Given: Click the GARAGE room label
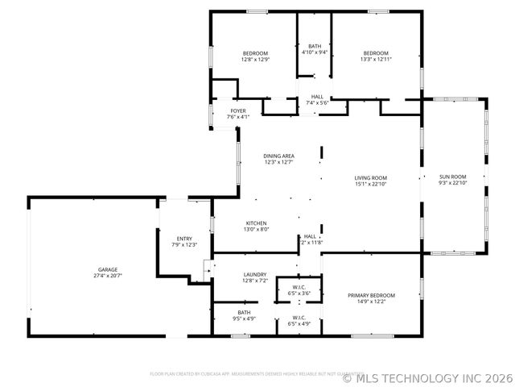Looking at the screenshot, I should click(x=108, y=269).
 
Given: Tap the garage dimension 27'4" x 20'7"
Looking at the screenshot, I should click(x=108, y=276).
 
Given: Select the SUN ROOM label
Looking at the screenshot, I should click(x=452, y=177).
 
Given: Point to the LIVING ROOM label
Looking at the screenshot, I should click(x=371, y=177).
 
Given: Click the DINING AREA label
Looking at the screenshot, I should click(x=279, y=156).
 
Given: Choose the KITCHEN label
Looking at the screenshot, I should click(x=257, y=223).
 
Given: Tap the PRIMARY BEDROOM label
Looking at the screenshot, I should click(x=372, y=295).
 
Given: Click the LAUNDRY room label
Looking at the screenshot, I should click(x=255, y=274).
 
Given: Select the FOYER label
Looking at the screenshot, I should click(x=238, y=110).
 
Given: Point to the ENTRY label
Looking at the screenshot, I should click(x=184, y=238).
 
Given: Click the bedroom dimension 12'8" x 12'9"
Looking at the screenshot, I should click(x=254, y=60).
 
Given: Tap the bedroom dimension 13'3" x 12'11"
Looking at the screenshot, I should click(x=375, y=60).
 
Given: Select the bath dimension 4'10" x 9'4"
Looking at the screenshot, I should click(x=315, y=52).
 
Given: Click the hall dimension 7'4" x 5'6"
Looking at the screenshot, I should click(x=318, y=103).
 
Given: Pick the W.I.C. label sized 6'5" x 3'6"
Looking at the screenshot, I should click(x=299, y=293).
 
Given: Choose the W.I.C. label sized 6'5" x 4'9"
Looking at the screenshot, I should click(x=299, y=324).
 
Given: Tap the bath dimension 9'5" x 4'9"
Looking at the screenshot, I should click(x=244, y=318).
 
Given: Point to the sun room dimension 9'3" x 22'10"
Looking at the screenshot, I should click(x=452, y=183).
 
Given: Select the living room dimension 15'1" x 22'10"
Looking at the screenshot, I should click(x=371, y=184).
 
